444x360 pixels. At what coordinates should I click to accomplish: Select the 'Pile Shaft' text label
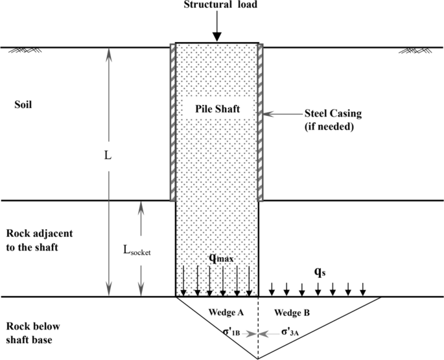217,109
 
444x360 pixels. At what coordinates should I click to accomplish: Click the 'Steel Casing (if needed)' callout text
333,120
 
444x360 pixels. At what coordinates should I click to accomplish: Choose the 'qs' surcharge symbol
320,273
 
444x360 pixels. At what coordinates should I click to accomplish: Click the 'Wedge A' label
226,313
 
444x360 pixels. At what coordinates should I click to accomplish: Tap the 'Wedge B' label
292,313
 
